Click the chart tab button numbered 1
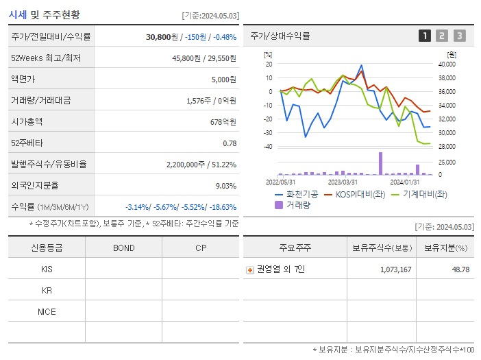pos(425,36)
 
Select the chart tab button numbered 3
pos(459,36)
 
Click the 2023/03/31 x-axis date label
pos(343,182)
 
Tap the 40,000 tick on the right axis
pos(446,64)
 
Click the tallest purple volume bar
pos(380,163)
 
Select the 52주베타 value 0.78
pos(230,143)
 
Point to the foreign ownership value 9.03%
pos(225,186)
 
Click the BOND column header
pos(123,248)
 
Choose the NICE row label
pos(47,311)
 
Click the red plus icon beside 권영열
pos(250,269)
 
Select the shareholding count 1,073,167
pos(395,269)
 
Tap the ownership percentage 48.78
pos(460,269)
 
